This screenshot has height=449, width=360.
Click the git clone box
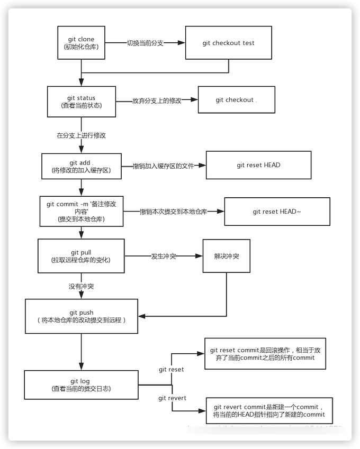tap(81, 43)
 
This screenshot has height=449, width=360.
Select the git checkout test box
tap(228, 43)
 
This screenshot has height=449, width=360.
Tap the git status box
tap(81, 102)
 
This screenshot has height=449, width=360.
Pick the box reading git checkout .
tap(236, 100)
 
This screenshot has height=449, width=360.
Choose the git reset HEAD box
tap(258, 165)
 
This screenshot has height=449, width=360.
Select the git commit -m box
tap(81, 212)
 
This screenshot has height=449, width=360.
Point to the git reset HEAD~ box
tap(277, 212)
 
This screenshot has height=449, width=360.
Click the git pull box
tap(81, 256)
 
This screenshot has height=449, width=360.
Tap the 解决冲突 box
tap(226, 256)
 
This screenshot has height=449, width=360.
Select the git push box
tap(81, 316)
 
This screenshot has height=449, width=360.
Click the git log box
tap(81, 385)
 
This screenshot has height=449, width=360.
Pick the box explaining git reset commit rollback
tap(265, 354)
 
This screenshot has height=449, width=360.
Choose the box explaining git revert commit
tap(268, 411)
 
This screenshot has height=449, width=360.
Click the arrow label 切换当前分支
tap(145, 43)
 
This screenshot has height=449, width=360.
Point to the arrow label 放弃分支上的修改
tap(157, 100)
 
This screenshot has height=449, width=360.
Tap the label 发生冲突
tap(164, 256)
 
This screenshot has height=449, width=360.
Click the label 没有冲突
tap(81, 286)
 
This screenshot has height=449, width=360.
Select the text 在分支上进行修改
tap(81, 135)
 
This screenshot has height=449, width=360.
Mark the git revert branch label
tap(172, 398)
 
